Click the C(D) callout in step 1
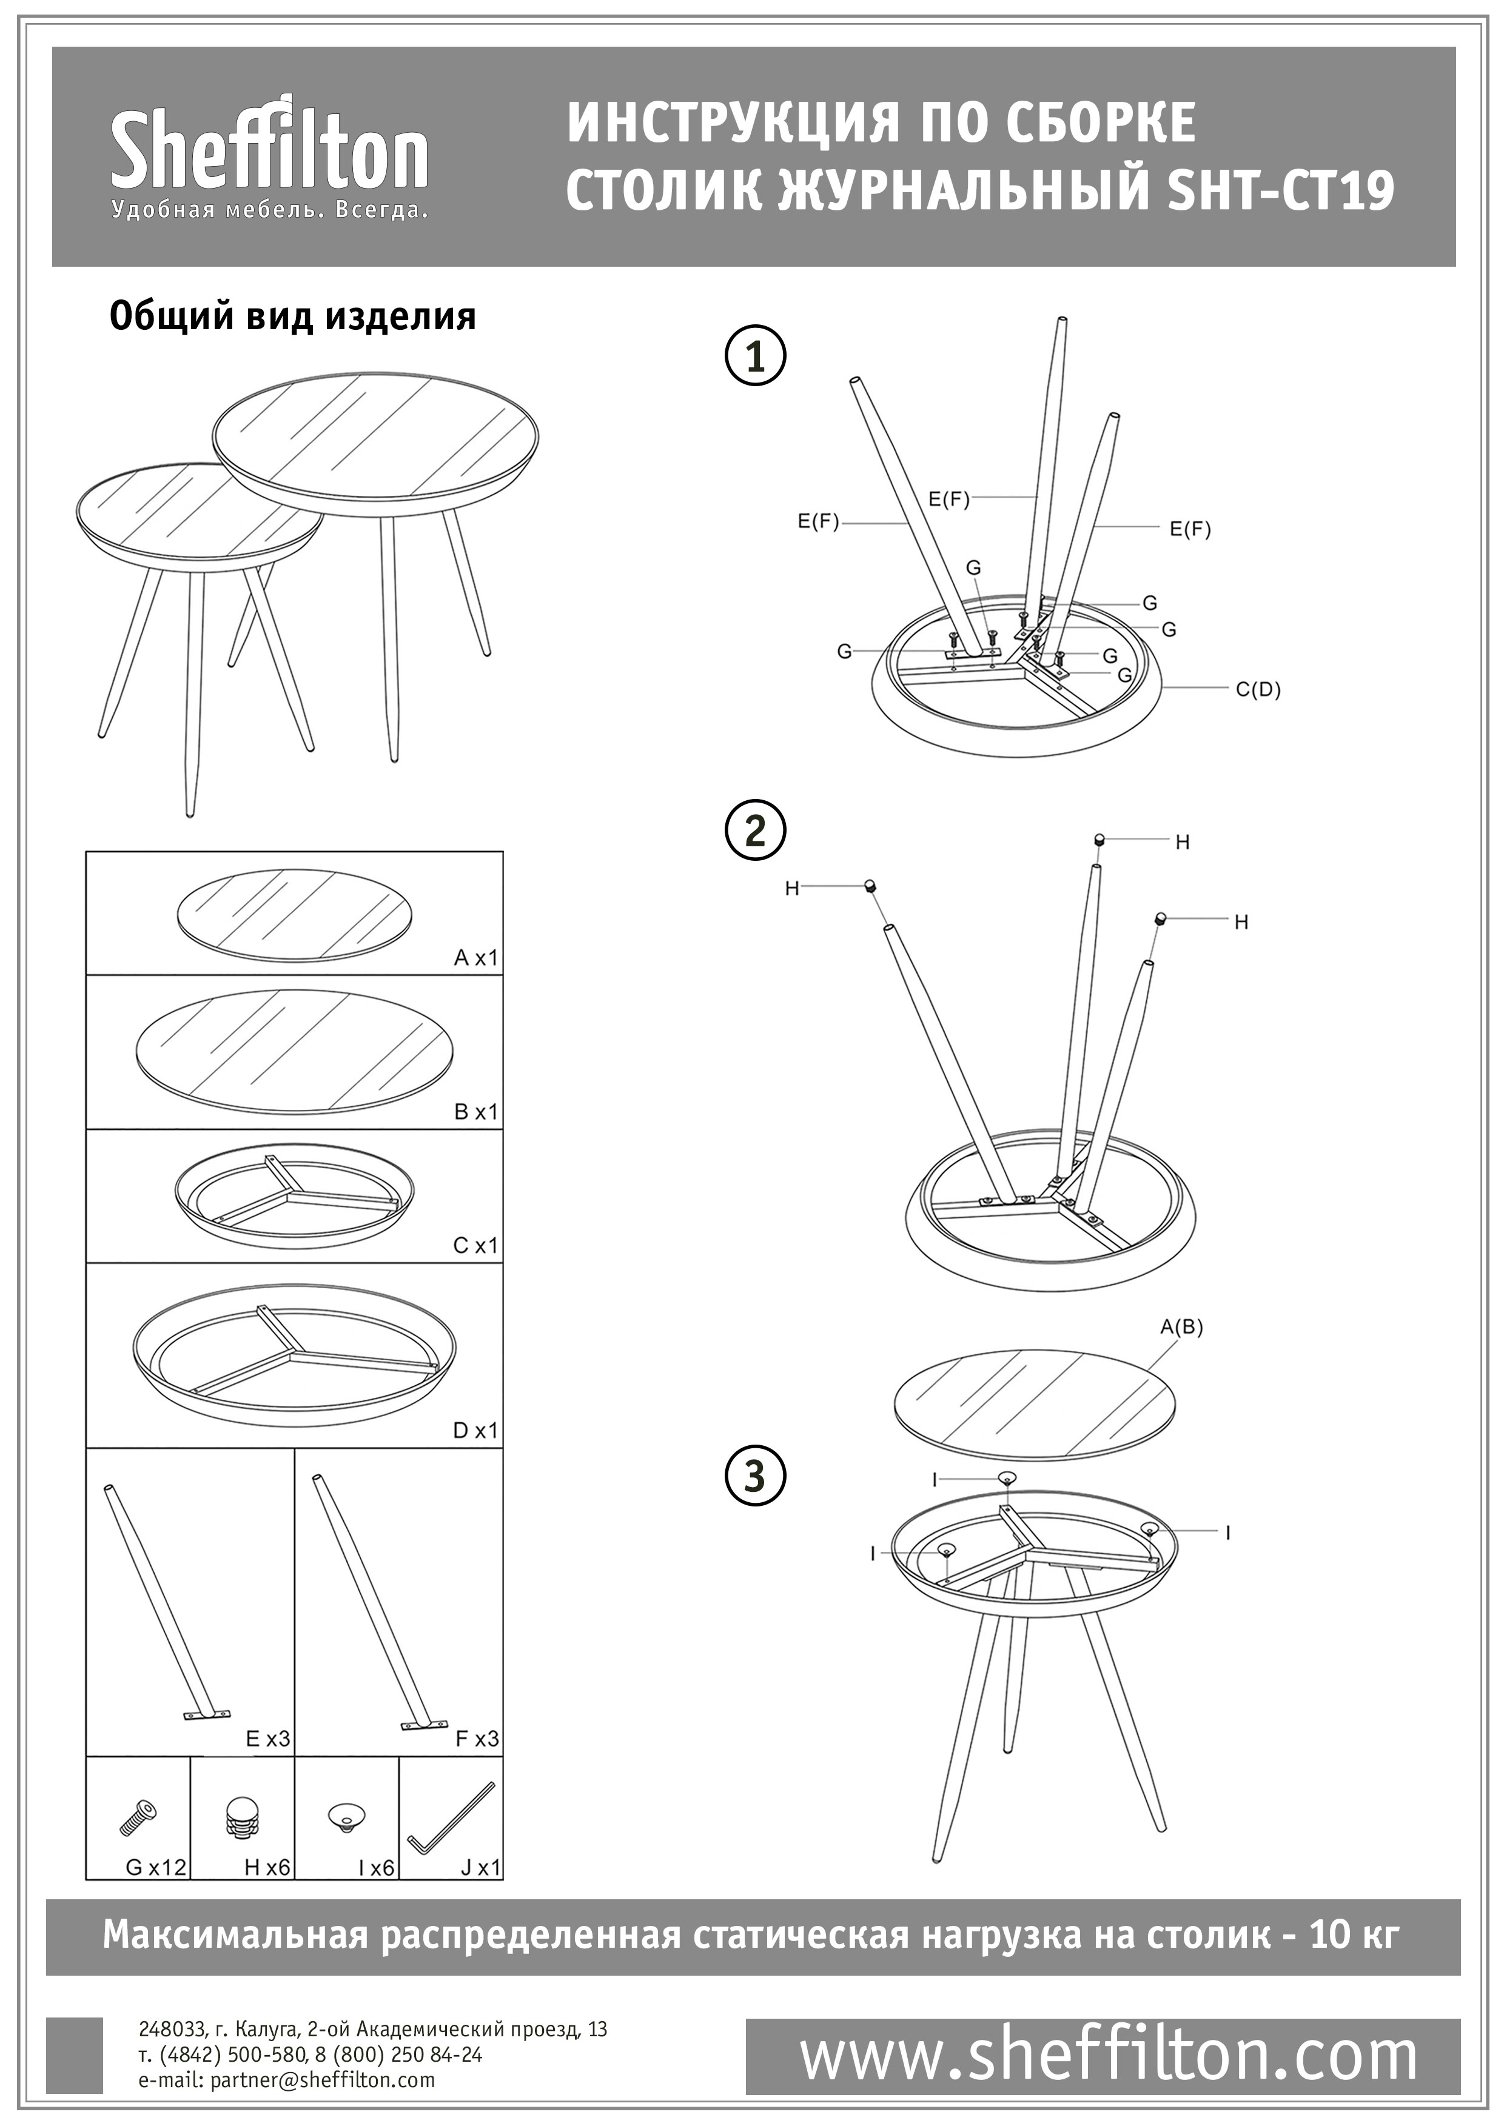[1258, 690]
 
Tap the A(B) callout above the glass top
[1182, 1327]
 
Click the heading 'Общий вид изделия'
[293, 316]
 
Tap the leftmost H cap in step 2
[870, 885]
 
